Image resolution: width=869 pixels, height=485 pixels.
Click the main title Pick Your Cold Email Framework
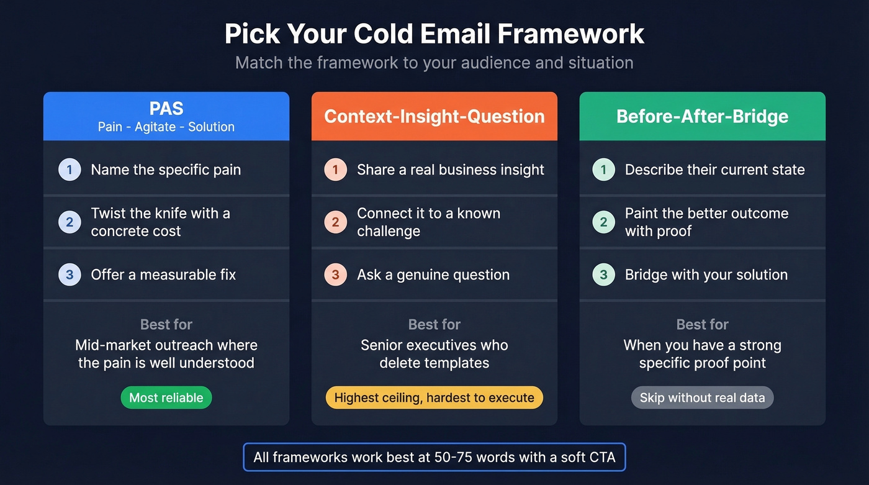pyautogui.click(x=434, y=34)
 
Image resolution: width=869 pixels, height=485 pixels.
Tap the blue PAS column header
pyautogui.click(x=166, y=116)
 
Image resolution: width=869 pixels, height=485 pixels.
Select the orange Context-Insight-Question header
pyautogui.click(x=434, y=116)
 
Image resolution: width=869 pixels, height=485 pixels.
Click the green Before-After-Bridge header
pyautogui.click(x=702, y=116)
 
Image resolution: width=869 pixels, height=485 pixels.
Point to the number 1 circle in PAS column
pyautogui.click(x=70, y=170)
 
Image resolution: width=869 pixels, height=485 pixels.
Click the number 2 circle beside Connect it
pyautogui.click(x=336, y=222)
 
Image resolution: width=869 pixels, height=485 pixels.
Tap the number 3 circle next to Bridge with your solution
pyautogui.click(x=603, y=274)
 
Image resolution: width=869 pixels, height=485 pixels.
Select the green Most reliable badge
pyautogui.click(x=166, y=397)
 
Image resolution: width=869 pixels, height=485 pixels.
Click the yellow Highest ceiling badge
pyautogui.click(x=434, y=397)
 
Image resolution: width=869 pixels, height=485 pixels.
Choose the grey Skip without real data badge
pyautogui.click(x=702, y=397)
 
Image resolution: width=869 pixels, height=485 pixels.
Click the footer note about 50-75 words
pyautogui.click(x=434, y=458)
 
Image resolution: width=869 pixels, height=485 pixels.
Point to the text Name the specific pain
pyautogui.click(x=166, y=170)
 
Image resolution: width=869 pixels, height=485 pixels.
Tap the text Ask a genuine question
pyautogui.click(x=433, y=274)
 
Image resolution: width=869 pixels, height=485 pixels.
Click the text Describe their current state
pyautogui.click(x=714, y=170)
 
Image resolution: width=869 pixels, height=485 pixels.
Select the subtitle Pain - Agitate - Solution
pyautogui.click(x=166, y=127)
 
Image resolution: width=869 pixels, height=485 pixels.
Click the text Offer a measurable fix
pyautogui.click(x=163, y=274)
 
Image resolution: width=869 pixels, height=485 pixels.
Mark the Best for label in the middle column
pyautogui.click(x=434, y=324)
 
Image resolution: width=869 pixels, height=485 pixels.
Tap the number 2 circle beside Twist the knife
pyautogui.click(x=70, y=222)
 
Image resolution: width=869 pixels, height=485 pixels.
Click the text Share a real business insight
pyautogui.click(x=451, y=170)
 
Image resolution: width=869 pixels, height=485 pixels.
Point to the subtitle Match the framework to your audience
pyautogui.click(x=434, y=63)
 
